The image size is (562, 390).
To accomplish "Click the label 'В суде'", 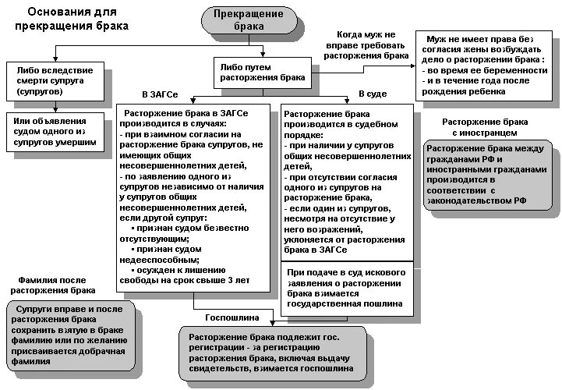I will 372,94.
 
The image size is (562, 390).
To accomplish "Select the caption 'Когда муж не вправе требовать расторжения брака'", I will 367,45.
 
